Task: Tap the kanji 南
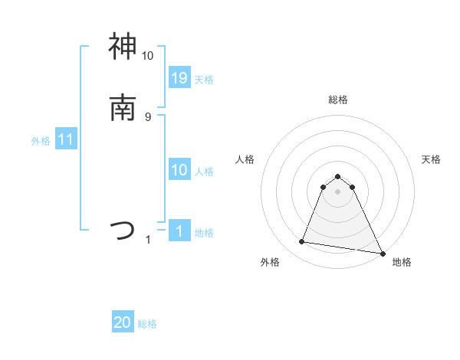point(123,107)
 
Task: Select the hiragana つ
point(123,229)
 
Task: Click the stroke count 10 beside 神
point(148,56)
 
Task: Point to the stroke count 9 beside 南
point(148,116)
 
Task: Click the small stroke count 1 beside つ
point(148,240)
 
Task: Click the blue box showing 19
point(179,78)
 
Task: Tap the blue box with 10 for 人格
point(179,170)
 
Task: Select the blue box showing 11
point(66,140)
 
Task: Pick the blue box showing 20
point(123,322)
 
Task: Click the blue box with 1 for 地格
point(179,231)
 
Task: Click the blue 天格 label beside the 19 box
point(204,80)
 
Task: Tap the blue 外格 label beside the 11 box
point(41,141)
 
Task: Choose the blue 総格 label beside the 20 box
point(147,324)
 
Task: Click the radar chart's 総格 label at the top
point(338,100)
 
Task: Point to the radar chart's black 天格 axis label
point(432,159)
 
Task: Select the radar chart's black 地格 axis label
point(402,263)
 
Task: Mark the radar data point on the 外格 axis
point(301,242)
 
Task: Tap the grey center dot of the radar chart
point(338,191)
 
